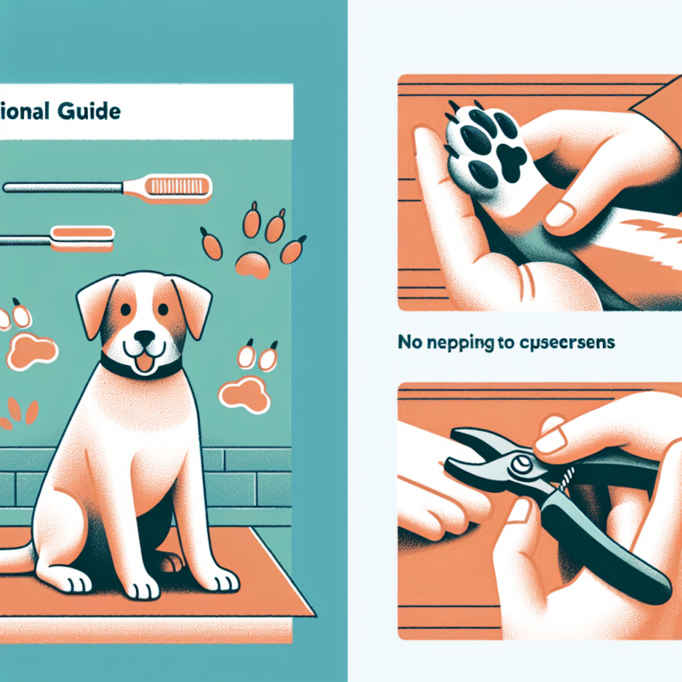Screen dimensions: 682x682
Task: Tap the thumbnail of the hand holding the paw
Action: coord(561,213)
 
